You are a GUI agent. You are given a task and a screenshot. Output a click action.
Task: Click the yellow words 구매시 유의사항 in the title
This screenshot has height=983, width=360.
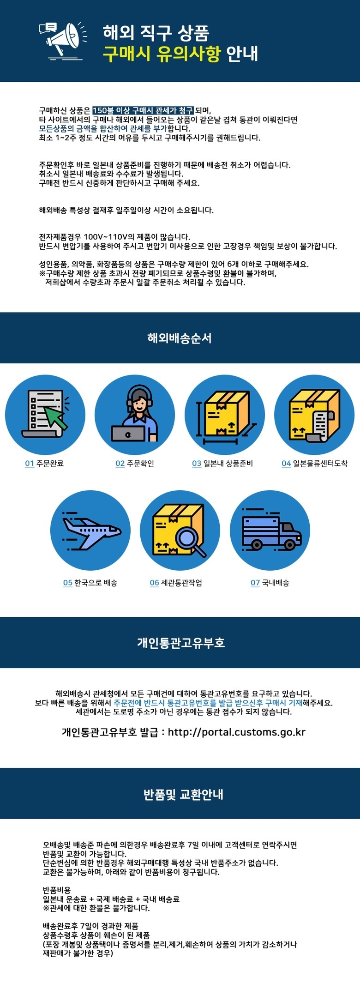pos(162,54)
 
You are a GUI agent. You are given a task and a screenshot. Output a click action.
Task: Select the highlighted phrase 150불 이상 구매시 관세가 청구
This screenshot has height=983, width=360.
pos(143,110)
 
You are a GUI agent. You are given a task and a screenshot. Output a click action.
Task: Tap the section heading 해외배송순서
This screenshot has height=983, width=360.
pos(180,338)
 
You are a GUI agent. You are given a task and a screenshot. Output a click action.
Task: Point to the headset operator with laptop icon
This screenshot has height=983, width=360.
pos(135,415)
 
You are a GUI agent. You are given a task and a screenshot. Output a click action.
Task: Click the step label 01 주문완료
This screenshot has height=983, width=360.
pos(44,463)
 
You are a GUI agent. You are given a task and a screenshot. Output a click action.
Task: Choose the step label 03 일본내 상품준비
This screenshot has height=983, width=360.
pos(222,463)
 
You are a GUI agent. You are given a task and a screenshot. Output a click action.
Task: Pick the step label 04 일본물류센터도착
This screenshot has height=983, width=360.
pos(314,463)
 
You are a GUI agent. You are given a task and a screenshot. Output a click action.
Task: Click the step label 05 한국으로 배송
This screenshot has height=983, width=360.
pos(90,583)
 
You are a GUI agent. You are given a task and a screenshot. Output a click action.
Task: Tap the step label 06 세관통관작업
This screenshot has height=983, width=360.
pos(176,583)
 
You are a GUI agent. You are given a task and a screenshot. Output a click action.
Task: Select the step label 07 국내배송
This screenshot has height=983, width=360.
pos(270,583)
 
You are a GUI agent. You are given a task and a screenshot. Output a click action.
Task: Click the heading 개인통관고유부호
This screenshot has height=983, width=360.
pos(181,642)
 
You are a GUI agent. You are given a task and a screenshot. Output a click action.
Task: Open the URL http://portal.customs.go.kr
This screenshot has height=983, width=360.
pos(237,732)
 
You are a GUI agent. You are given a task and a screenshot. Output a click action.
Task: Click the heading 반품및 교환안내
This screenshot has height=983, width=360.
pos(183,794)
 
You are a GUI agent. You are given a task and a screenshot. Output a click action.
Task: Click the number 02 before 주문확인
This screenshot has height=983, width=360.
pos(120,463)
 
